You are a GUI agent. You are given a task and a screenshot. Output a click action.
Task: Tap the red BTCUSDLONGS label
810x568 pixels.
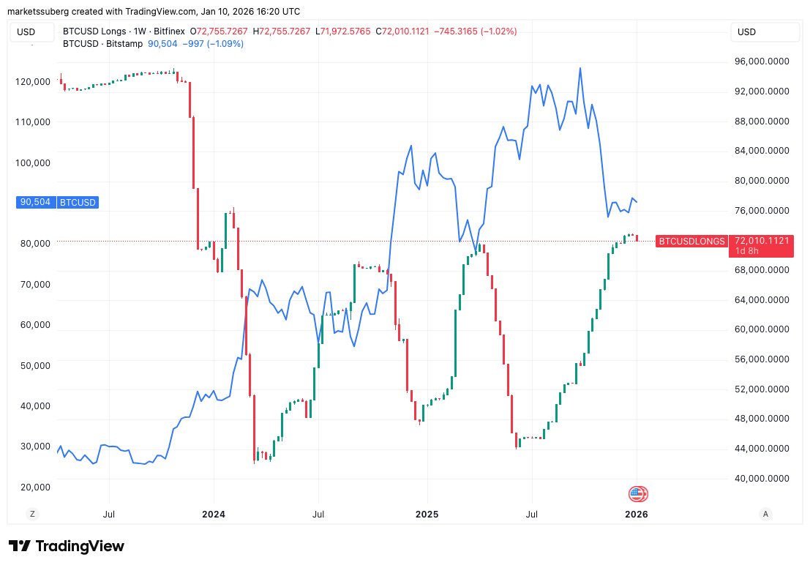coord(691,241)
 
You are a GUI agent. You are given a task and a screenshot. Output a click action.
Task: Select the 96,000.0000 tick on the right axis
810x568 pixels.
coord(762,61)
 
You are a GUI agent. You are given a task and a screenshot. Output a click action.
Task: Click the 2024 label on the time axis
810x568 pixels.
coord(214,514)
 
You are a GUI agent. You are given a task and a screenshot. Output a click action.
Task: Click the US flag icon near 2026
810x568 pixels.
coord(638,494)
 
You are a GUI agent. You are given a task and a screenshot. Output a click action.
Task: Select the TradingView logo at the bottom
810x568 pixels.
coord(67,546)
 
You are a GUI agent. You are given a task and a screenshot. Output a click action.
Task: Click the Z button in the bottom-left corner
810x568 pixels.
coord(32,514)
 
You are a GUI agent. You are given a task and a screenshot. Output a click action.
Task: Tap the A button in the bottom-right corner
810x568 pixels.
coord(765,514)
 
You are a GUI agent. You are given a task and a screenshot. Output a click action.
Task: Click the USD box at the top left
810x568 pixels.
coord(34,32)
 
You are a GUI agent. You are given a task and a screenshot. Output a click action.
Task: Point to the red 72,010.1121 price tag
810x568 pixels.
coord(760,240)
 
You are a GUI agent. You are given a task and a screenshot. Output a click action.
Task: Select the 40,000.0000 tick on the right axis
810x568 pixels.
coord(762,478)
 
